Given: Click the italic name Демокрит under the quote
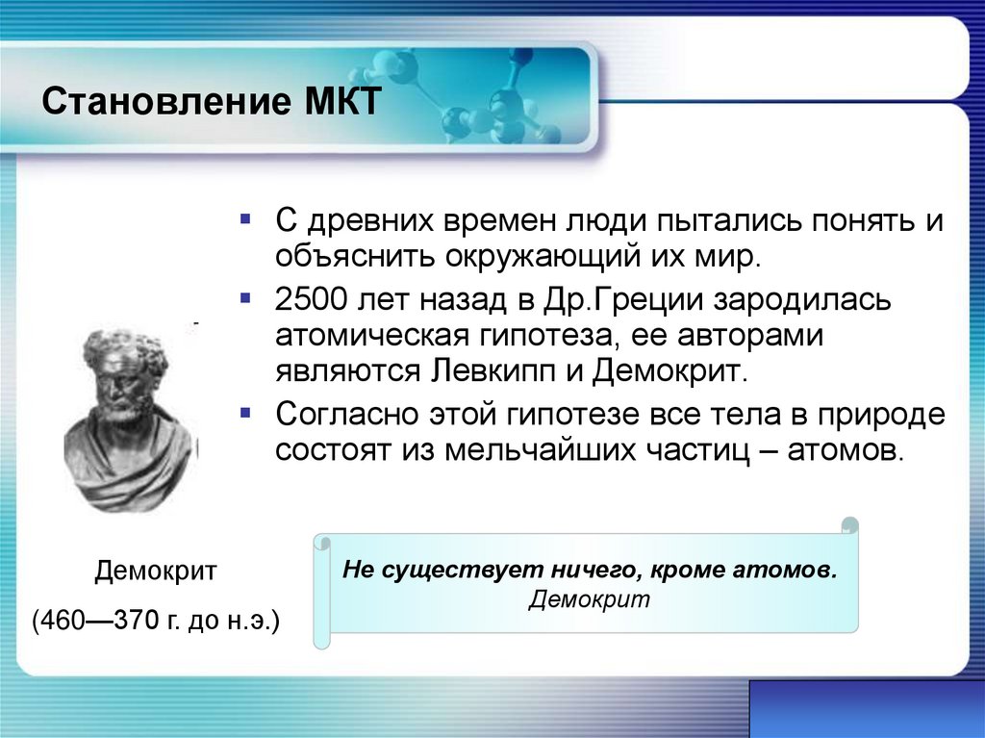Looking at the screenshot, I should (x=589, y=599).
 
